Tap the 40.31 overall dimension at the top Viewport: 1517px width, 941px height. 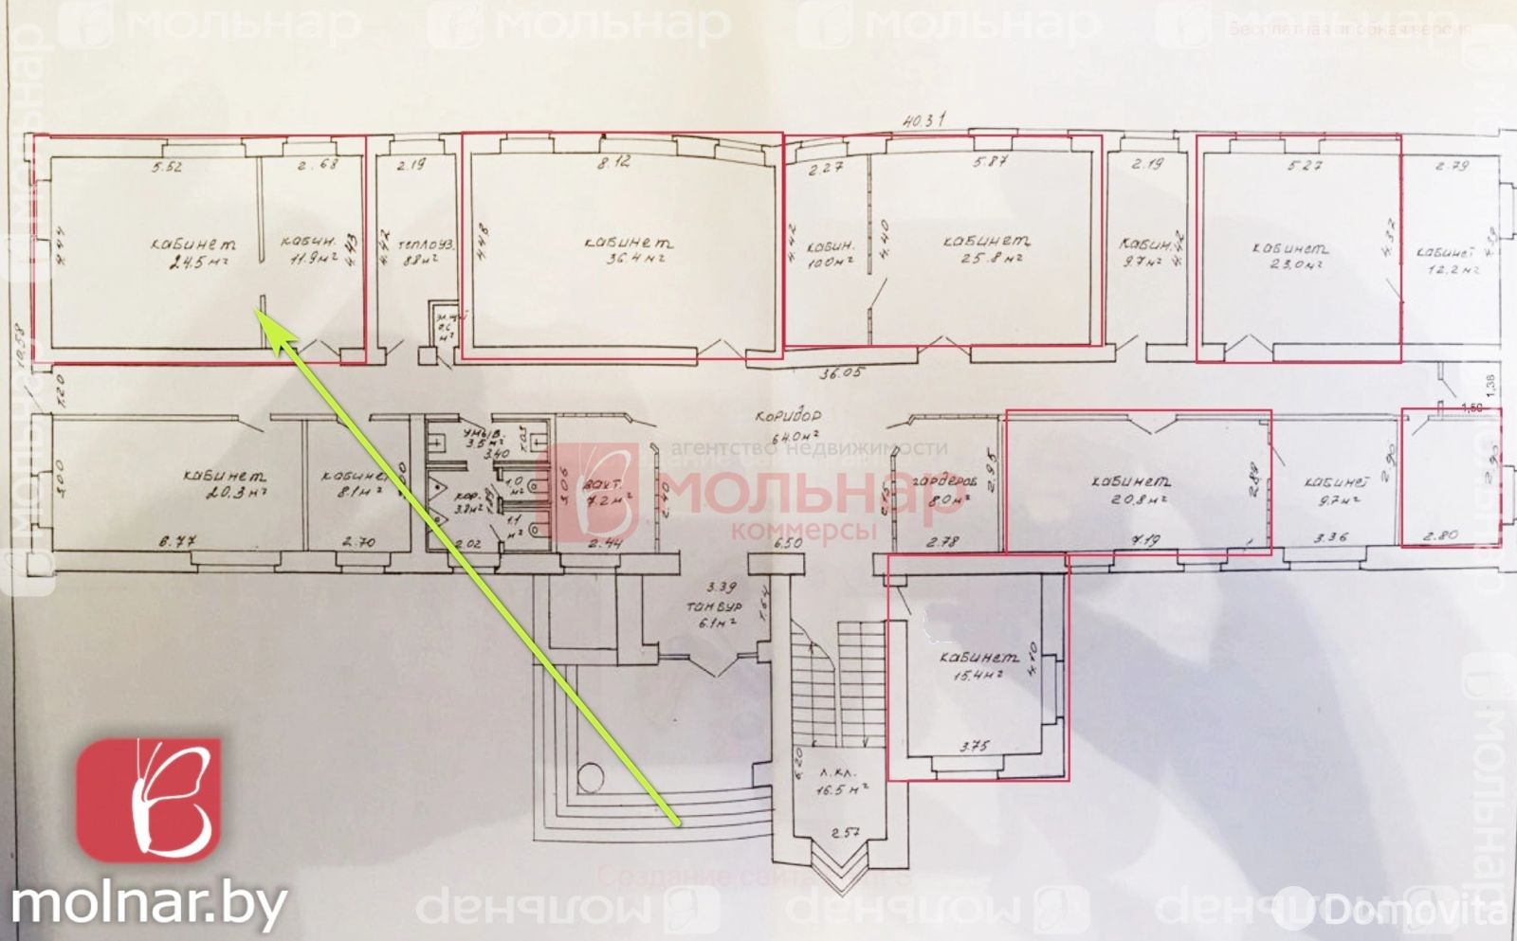coord(923,121)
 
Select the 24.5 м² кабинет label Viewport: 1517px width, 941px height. coord(194,253)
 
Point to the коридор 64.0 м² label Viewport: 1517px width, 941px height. coord(787,425)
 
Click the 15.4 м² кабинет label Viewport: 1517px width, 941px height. coord(978,665)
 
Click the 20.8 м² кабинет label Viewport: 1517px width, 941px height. coord(1130,489)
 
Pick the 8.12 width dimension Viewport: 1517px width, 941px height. coord(613,163)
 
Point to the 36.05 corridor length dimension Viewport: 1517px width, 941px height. coord(840,372)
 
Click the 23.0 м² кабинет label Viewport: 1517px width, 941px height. coord(1290,256)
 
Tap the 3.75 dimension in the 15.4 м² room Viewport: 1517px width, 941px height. coord(974,747)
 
